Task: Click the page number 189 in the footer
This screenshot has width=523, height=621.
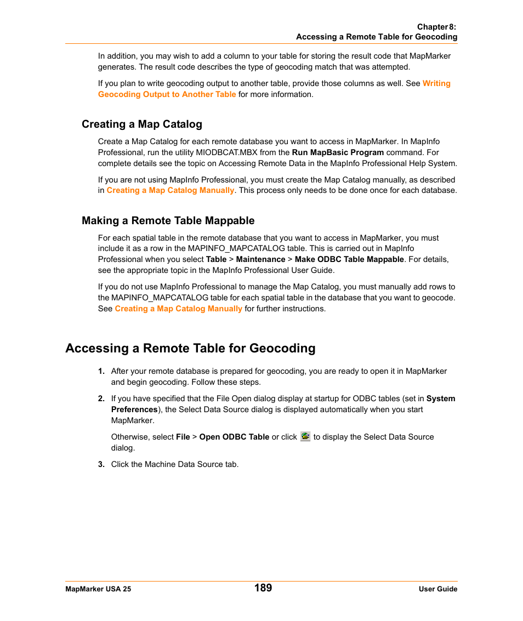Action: [263, 588]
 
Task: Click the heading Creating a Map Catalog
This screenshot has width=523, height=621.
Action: [142, 124]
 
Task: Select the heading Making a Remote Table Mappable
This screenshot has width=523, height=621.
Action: [168, 220]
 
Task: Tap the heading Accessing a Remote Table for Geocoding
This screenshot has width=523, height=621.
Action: [190, 348]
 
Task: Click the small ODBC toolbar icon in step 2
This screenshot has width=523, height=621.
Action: [305, 436]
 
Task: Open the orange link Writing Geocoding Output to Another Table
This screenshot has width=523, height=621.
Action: [167, 94]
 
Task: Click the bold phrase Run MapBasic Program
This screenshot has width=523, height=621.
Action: [338, 152]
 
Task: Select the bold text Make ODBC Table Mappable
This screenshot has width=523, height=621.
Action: [349, 259]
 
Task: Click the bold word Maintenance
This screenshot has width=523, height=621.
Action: [260, 259]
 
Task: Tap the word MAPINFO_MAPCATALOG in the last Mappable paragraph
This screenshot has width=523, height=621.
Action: [160, 298]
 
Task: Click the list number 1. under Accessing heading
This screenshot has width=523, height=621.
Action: [101, 371]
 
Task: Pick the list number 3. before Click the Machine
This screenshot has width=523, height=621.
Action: [101, 464]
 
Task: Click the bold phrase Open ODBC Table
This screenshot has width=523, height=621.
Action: [234, 437]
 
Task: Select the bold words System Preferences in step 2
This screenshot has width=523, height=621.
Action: [134, 409]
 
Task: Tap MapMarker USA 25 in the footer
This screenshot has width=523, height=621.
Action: [98, 589]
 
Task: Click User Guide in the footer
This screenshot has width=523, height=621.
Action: [438, 589]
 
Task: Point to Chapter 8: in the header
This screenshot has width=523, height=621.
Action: [436, 27]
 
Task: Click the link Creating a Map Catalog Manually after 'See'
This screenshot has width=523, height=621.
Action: [178, 309]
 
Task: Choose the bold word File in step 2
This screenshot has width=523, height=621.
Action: [183, 437]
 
